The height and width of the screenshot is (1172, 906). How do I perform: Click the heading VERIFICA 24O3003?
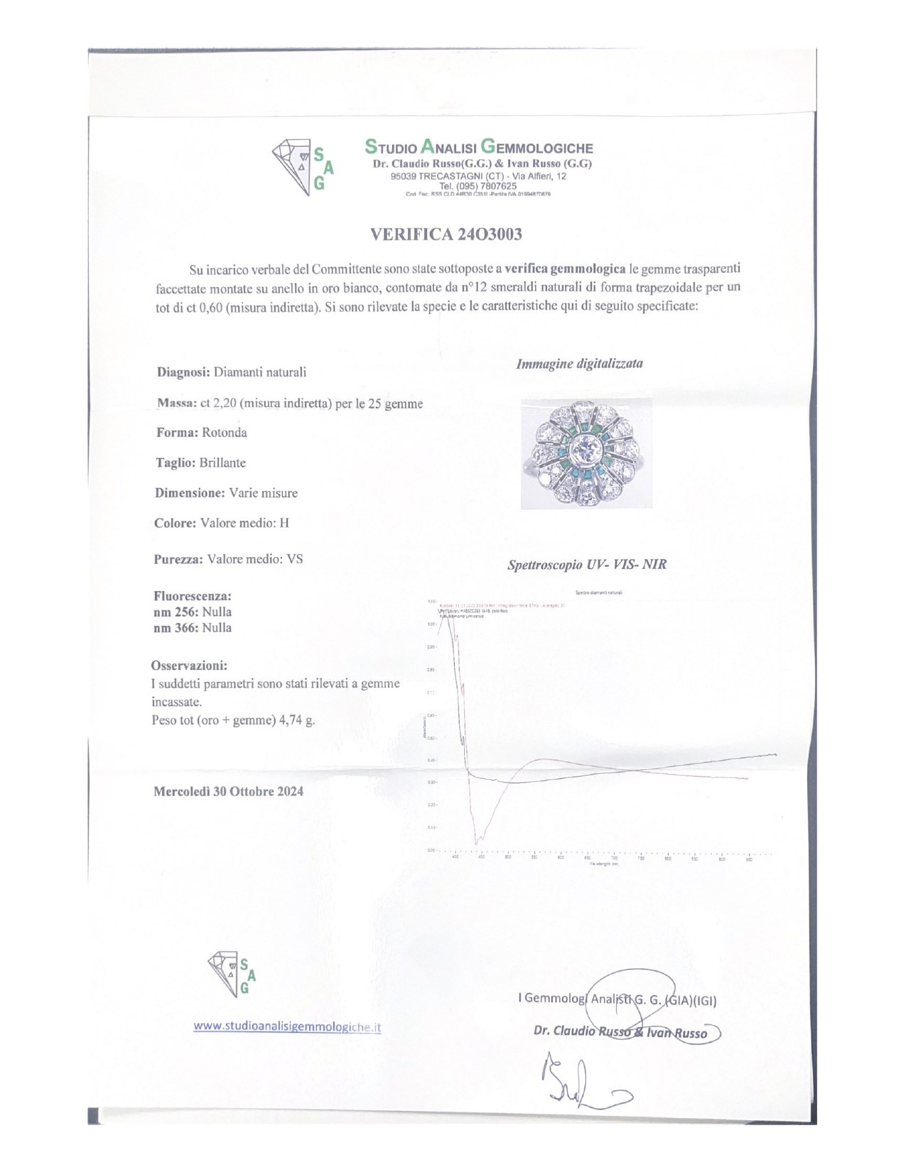(x=446, y=234)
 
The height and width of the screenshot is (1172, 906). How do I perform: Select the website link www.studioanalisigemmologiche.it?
(x=287, y=1026)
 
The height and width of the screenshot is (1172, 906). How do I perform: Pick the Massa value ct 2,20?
(x=218, y=403)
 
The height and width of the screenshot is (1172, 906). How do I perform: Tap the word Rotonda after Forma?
(x=224, y=433)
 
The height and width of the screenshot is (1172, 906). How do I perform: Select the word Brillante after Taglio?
(x=222, y=462)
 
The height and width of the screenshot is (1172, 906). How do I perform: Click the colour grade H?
(x=284, y=523)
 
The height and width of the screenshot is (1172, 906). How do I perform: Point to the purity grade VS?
(x=294, y=559)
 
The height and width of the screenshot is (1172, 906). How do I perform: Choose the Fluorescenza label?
(x=193, y=596)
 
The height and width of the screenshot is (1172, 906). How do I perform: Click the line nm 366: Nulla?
(x=193, y=628)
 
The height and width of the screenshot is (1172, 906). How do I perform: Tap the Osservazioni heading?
(x=189, y=666)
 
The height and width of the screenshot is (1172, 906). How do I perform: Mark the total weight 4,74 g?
(x=298, y=720)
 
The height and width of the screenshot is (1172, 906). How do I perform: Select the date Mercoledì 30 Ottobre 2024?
(x=228, y=791)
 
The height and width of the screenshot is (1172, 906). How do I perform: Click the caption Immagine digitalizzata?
(x=579, y=364)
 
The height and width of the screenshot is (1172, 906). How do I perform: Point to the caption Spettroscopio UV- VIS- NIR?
(x=587, y=565)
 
